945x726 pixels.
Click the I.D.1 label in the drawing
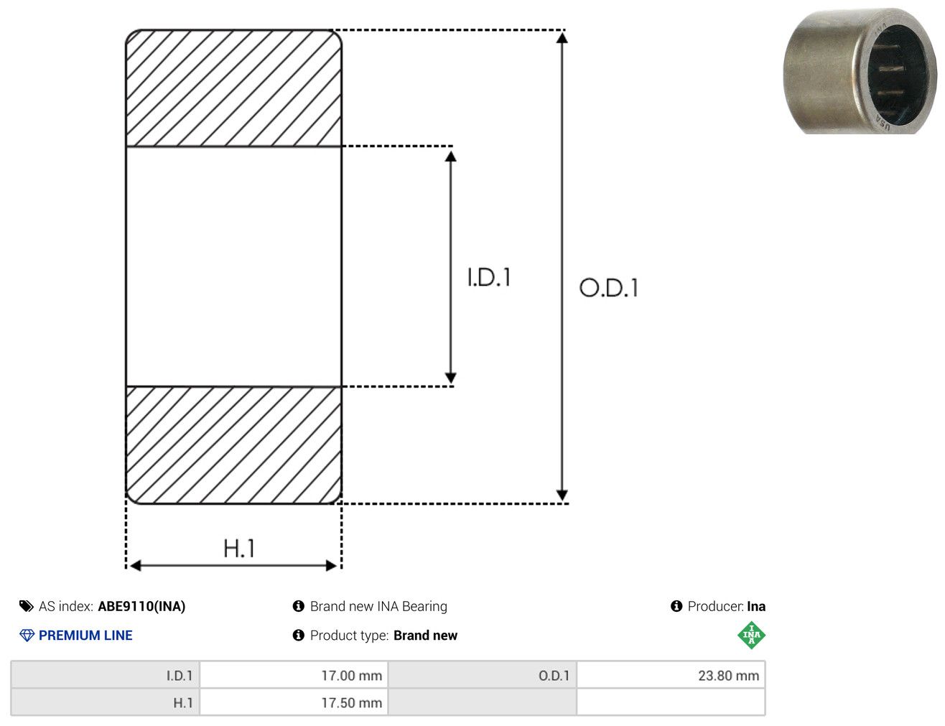click(489, 277)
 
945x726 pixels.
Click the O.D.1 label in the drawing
click(608, 288)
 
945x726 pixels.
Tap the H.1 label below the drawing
click(238, 548)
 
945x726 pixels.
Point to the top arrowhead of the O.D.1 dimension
click(562, 38)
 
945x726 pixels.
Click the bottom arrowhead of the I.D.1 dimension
click(450, 378)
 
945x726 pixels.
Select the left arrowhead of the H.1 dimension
click(135, 566)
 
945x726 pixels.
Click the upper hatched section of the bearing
click(234, 88)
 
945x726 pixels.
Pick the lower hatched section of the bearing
click(234, 445)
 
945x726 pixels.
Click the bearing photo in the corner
click(860, 70)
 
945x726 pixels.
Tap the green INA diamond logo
click(752, 635)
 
